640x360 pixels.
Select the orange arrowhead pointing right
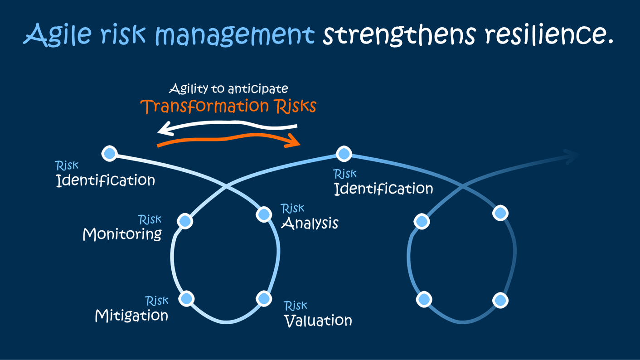click(x=295, y=142)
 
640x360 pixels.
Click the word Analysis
click(x=310, y=224)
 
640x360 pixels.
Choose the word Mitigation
click(x=131, y=316)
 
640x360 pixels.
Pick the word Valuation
click(x=318, y=321)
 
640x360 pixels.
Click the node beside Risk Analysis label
click(x=264, y=213)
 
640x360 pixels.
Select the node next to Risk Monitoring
click(x=185, y=221)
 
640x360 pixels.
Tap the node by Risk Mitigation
click(x=186, y=298)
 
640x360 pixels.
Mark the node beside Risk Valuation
click(x=264, y=298)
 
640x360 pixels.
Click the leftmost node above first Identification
click(x=109, y=154)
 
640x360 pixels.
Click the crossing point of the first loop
click(x=226, y=186)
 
